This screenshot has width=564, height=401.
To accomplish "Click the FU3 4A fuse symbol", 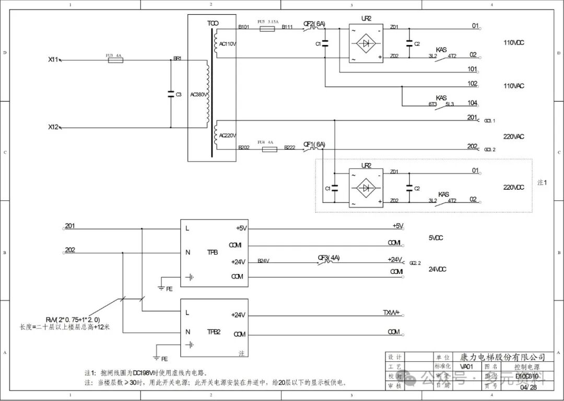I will pyautogui.click(x=114, y=60).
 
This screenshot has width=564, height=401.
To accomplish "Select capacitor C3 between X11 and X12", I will pyautogui.click(x=171, y=95).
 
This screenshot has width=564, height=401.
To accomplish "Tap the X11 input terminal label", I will pyautogui.click(x=53, y=60).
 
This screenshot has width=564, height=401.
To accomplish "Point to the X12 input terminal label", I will pyautogui.click(x=53, y=127).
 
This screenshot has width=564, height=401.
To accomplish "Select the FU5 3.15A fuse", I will pyautogui.click(x=267, y=29).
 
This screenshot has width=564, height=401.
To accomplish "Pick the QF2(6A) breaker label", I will pyautogui.click(x=314, y=24).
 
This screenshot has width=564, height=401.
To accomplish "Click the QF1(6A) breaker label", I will pyautogui.click(x=314, y=144).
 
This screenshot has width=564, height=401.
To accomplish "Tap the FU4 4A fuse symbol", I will pyautogui.click(x=268, y=149).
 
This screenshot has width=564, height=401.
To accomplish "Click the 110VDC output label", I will pyautogui.click(x=513, y=42).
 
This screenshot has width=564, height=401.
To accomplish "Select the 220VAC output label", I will pyautogui.click(x=513, y=137).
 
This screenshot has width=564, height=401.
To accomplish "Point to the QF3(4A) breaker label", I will pyautogui.click(x=328, y=257).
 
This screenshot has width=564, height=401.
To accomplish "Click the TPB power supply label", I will pyautogui.click(x=213, y=252).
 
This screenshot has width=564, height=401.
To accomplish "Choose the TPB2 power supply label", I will pyautogui.click(x=214, y=331).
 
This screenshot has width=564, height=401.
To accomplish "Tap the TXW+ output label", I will pyautogui.click(x=391, y=312).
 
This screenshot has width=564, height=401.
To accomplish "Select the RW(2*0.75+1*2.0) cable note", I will pyautogui.click(x=80, y=319).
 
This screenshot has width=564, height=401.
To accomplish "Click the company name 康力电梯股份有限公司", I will pyautogui.click(x=502, y=357).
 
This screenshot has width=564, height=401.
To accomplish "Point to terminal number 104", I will pyautogui.click(x=472, y=103).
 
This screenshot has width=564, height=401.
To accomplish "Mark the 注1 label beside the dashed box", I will pyautogui.click(x=542, y=182).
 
